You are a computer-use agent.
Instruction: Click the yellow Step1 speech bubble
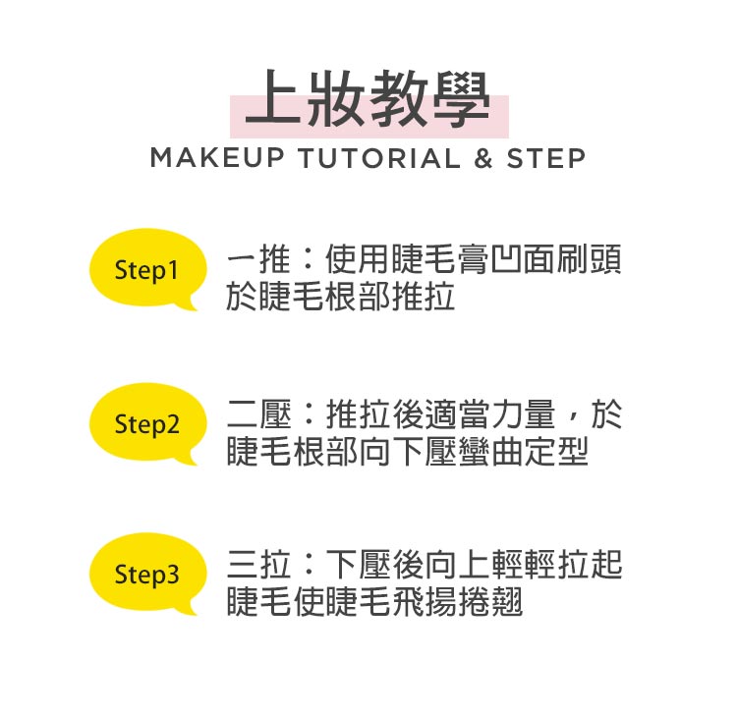click(147, 269)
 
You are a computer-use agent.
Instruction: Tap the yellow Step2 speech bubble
click(147, 422)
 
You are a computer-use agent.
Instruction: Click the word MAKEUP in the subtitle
click(217, 158)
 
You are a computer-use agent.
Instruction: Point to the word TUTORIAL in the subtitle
click(379, 158)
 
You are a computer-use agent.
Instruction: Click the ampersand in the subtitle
click(482, 158)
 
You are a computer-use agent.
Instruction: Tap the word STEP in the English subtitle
click(545, 158)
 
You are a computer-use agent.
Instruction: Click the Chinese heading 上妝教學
click(368, 99)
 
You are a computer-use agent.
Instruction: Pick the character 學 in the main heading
click(461, 99)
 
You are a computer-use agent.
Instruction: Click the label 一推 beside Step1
click(258, 259)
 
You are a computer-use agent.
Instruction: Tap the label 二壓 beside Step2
click(259, 413)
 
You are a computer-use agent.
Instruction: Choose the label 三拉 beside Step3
click(259, 564)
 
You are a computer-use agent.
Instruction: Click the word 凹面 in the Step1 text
click(523, 259)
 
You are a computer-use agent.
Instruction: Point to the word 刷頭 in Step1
click(589, 259)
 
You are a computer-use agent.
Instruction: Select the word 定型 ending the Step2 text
click(556, 452)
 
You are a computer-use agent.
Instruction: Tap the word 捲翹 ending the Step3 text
click(490, 602)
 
